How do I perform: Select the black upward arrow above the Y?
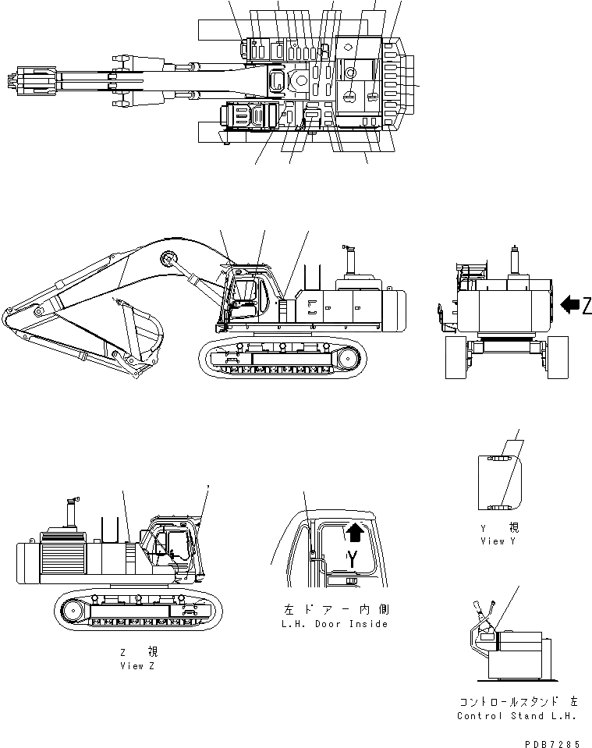click(354, 533)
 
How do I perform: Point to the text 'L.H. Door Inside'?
click(335, 624)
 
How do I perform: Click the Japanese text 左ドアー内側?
click(335, 610)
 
